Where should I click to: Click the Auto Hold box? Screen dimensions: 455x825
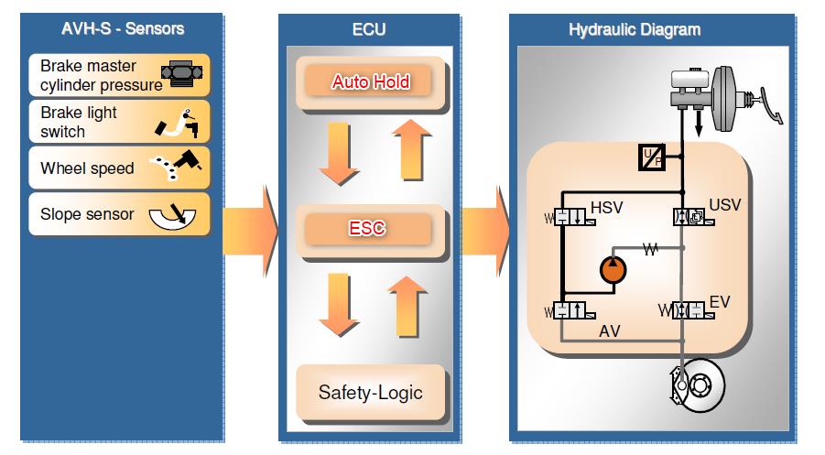pyautogui.click(x=370, y=81)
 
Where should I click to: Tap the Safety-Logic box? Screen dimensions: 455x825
pyautogui.click(x=370, y=392)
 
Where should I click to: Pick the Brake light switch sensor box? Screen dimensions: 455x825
pyautogui.click(x=119, y=122)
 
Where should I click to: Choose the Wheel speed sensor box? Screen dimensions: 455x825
pyautogui.click(x=119, y=168)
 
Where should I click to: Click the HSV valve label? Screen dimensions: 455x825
pyautogui.click(x=606, y=208)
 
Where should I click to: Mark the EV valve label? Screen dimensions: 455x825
pyautogui.click(x=720, y=300)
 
